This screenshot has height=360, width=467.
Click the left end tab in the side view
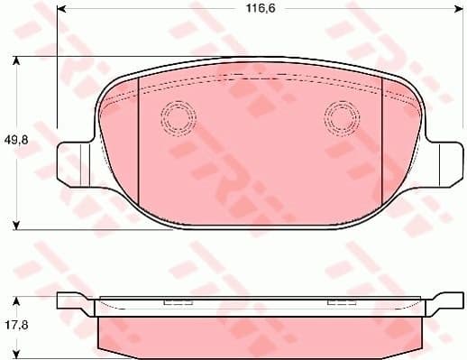point(72,304)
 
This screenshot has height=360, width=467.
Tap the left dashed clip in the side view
point(173,302)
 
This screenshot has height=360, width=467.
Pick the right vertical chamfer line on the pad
point(382,135)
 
